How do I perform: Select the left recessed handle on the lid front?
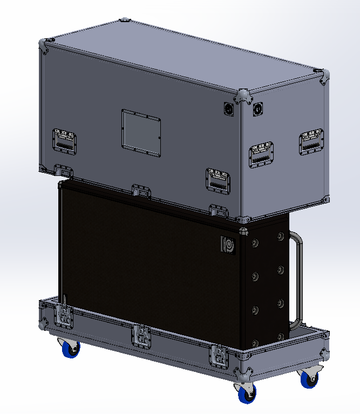pos(64,140)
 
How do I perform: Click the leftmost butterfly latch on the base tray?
pos(63,316)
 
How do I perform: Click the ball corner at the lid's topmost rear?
pos(125,21)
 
